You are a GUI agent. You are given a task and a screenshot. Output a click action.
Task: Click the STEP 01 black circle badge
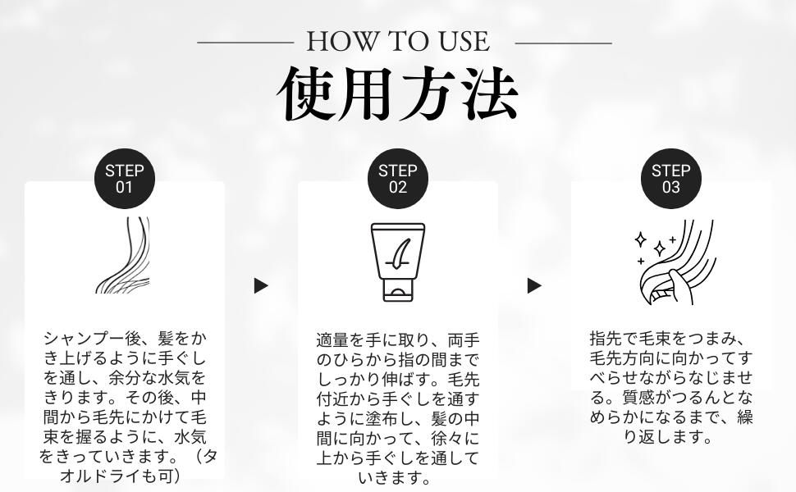[125, 179]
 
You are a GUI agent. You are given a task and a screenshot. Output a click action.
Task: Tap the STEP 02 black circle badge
[397, 179]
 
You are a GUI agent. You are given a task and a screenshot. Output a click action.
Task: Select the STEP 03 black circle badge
[670, 179]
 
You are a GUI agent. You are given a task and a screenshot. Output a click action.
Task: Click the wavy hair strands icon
[123, 255]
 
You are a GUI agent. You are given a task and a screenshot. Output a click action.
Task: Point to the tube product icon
[397, 262]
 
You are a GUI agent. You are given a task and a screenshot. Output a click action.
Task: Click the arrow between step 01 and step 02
[260, 285]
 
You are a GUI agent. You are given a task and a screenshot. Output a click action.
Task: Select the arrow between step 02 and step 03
[534, 285]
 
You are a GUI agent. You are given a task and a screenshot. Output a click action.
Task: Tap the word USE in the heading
[464, 42]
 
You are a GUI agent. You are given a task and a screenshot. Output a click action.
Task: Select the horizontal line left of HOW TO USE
[245, 43]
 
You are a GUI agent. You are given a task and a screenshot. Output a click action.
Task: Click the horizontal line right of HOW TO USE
[563, 43]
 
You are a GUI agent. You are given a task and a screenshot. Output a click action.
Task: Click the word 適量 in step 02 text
[332, 339]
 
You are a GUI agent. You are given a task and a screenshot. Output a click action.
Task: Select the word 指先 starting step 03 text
[606, 339]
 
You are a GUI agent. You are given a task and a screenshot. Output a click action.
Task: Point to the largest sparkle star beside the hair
[660, 248]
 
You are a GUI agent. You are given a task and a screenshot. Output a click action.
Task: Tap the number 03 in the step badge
[670, 187]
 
